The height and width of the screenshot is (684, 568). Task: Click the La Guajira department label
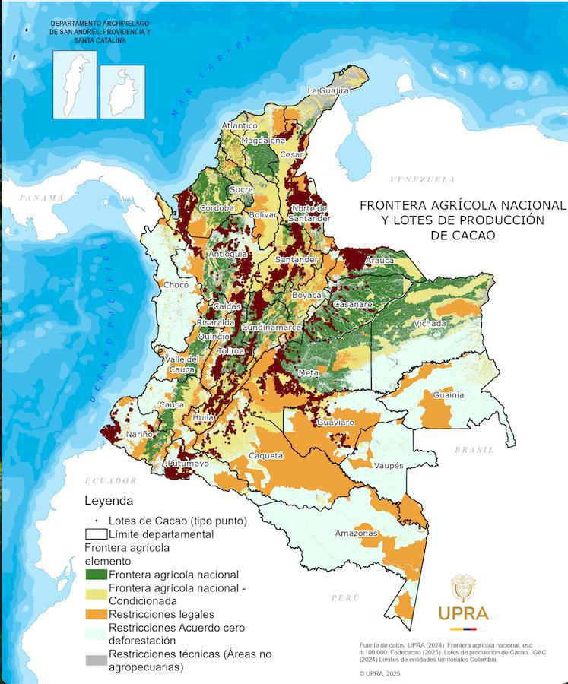point(328,90)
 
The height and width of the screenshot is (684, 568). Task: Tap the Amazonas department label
point(356,534)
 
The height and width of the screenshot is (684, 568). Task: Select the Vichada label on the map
point(430,324)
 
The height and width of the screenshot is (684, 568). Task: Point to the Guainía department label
point(448,395)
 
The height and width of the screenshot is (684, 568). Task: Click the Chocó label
point(176,285)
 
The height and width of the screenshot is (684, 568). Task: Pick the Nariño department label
point(139,434)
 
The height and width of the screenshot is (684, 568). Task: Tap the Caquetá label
point(266,456)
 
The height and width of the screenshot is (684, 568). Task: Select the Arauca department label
point(379,261)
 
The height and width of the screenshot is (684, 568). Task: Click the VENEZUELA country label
point(422,180)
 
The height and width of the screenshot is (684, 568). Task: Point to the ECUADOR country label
point(110,480)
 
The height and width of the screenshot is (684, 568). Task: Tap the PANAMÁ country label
point(42,197)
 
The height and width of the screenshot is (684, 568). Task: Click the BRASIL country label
point(474,450)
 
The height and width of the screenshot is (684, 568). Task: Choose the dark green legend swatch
point(96,575)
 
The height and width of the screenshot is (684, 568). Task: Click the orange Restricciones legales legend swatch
point(96,614)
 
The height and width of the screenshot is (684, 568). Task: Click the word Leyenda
point(108,501)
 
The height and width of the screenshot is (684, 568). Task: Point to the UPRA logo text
point(463,613)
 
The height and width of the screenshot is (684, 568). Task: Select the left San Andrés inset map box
point(75,84)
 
